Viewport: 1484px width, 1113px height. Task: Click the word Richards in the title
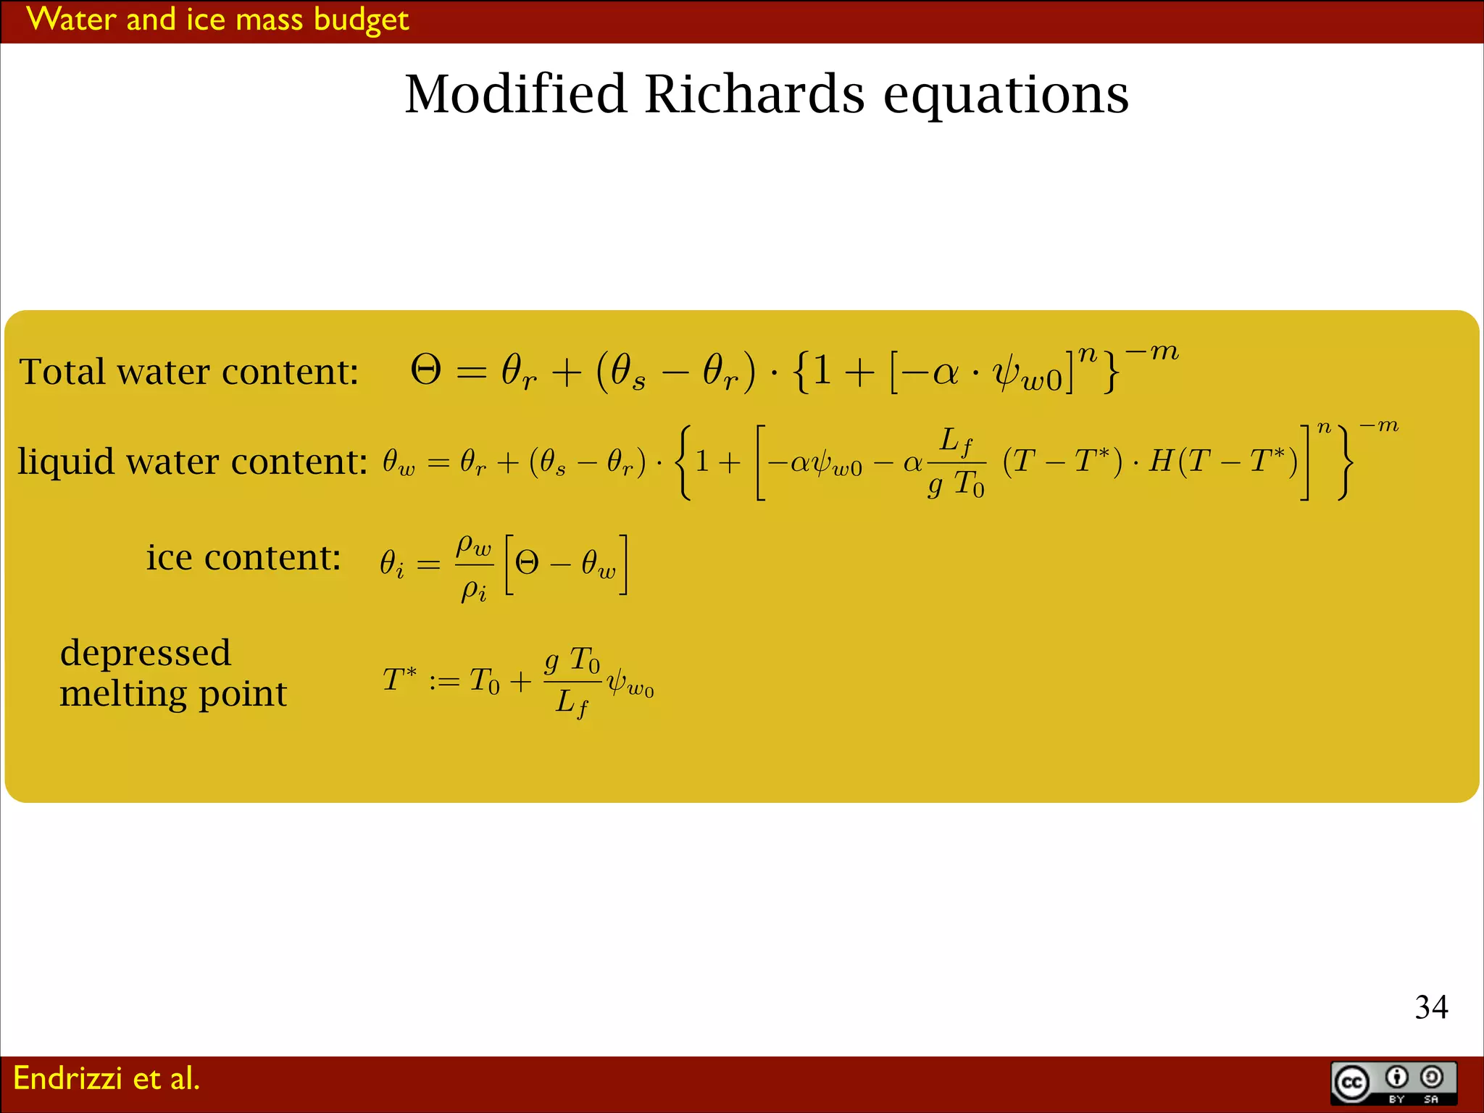pos(754,94)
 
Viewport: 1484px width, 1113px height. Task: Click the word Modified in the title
pos(515,94)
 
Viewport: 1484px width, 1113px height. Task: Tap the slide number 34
pos(1431,1007)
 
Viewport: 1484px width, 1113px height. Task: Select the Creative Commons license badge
pos(1393,1083)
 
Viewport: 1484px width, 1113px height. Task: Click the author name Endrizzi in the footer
pos(67,1078)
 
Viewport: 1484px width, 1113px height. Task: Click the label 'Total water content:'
pos(189,372)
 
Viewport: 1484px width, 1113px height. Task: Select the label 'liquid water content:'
pos(193,462)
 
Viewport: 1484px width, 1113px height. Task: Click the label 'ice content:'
pos(243,557)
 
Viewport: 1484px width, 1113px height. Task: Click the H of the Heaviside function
pos(1161,461)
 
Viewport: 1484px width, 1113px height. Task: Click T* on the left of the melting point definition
pos(399,680)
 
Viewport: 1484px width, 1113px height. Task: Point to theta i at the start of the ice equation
pos(392,563)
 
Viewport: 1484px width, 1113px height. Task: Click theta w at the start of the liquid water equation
pos(399,462)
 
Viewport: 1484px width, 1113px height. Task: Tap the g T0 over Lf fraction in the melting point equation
pos(572,682)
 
